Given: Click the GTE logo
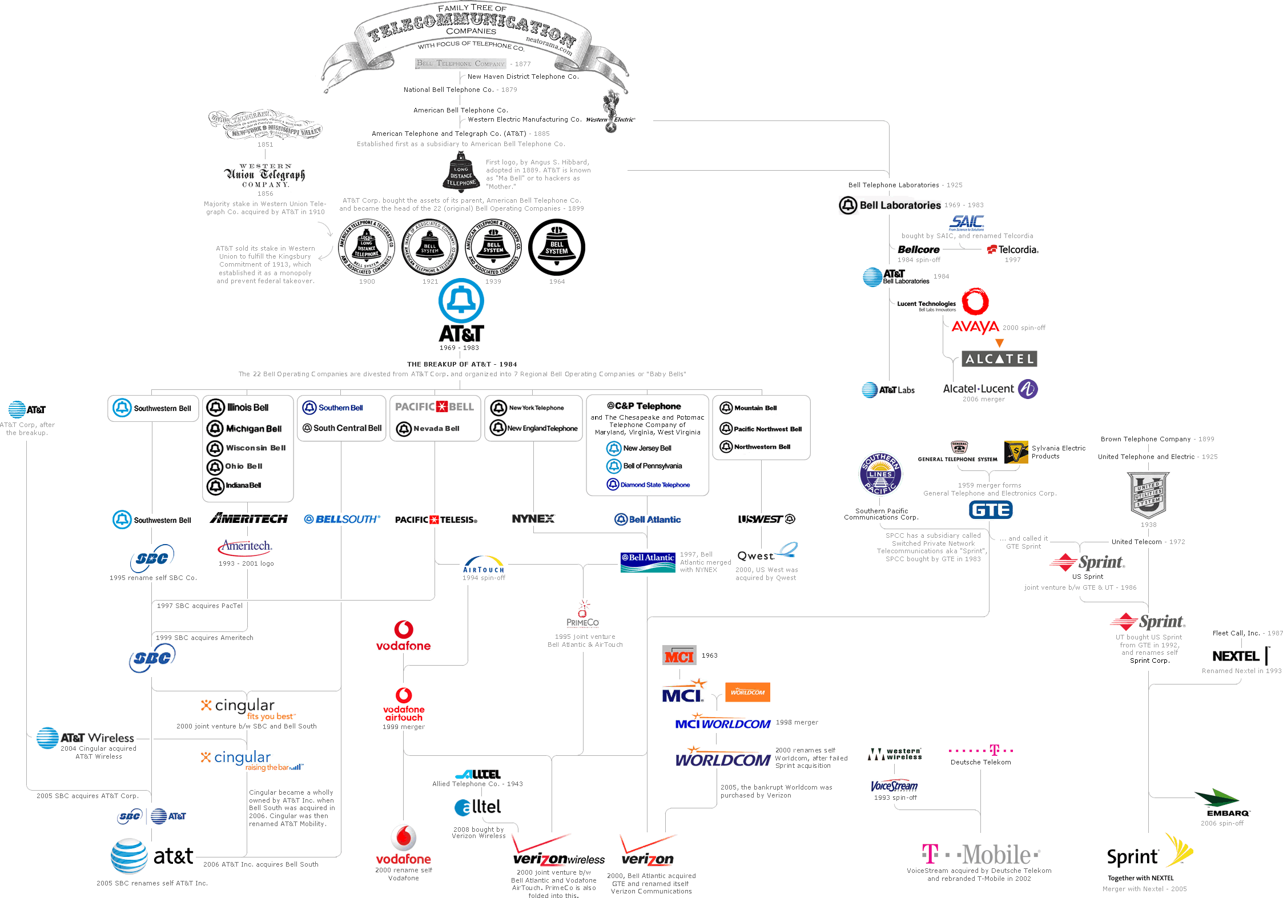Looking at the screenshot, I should pos(991,510).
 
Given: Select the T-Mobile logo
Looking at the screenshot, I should pos(980,855).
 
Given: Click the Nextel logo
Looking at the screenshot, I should pos(1239,656).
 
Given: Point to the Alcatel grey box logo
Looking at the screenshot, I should pos(999,359).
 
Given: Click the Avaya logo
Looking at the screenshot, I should pos(975,327).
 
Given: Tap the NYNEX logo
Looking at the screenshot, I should pos(533,519).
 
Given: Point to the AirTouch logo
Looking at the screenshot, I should pos(484,565).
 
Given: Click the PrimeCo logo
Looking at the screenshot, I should pos(583,614).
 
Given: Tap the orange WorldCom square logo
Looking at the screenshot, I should pos(747,692).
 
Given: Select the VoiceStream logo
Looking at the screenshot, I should pos(894,786).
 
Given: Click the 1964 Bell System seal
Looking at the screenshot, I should pos(557,247).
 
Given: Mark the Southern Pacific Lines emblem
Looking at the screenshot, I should pos(880,474).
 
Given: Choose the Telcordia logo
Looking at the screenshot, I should pos(1012,249).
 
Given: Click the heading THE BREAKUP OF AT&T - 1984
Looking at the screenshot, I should pos(462,364).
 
